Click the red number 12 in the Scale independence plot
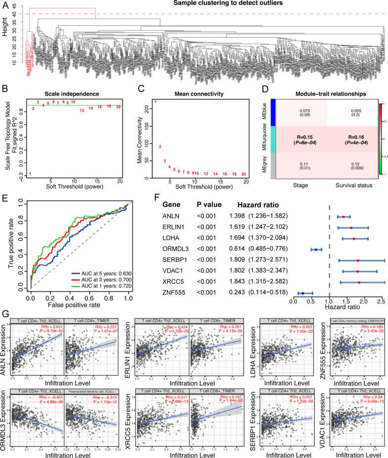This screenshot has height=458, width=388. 82,110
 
